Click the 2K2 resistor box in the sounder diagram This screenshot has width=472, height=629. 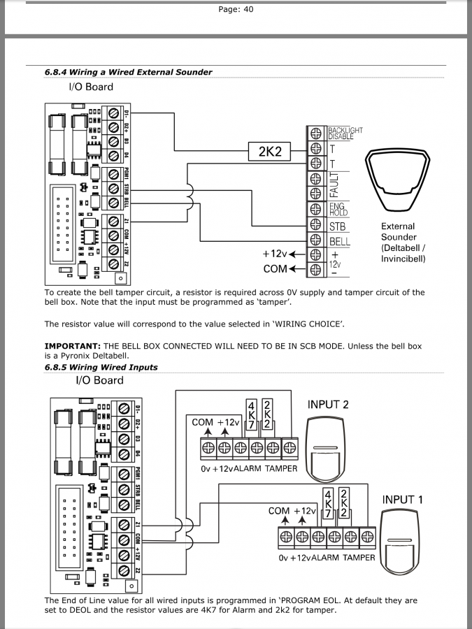270,151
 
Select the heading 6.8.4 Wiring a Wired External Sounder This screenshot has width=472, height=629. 128,72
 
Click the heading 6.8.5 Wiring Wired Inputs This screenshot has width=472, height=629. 101,367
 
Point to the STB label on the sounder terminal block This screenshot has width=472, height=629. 337,226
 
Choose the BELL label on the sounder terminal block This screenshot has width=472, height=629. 339,242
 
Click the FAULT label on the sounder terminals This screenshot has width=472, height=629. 334,184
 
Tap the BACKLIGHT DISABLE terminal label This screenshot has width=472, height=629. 345,133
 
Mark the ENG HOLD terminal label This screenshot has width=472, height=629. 338,209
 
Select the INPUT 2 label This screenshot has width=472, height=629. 328,405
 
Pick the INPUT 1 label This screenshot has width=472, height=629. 403,500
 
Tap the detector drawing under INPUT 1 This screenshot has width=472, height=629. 403,541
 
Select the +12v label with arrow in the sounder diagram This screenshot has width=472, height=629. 280,254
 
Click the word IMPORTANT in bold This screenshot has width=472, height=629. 72,346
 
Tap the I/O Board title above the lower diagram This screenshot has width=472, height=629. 99,381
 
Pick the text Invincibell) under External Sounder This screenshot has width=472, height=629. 403,259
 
